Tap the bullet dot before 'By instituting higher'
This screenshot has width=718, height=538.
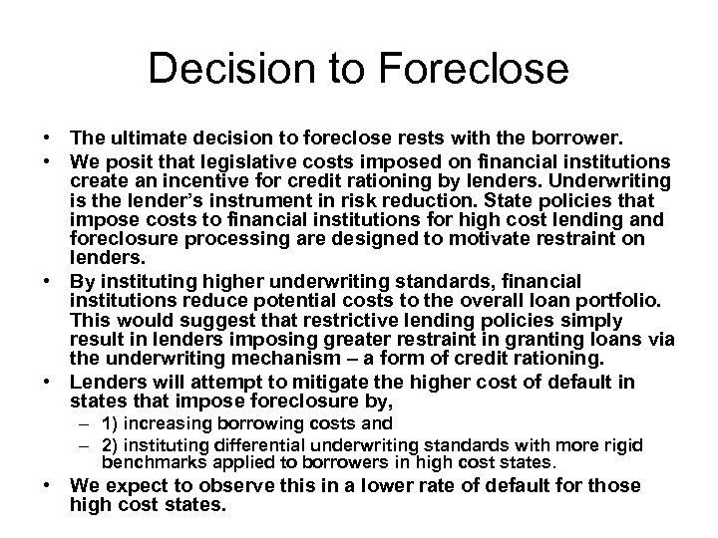click(48, 280)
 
